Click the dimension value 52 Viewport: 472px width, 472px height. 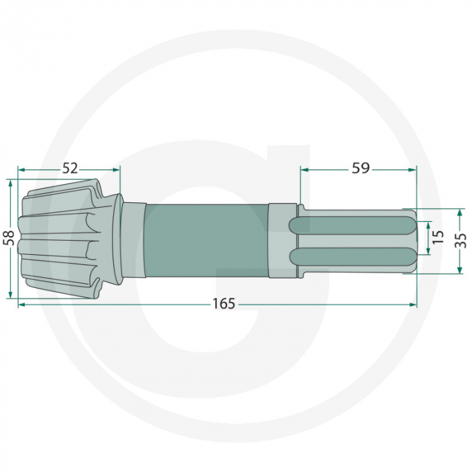70,169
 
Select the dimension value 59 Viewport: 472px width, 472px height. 361,169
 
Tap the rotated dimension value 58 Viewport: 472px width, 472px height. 9,238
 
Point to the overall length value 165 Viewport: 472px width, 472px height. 223,304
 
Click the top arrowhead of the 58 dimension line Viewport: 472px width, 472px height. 10,183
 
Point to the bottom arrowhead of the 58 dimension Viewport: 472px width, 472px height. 10,294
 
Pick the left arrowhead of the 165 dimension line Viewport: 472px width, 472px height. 22,305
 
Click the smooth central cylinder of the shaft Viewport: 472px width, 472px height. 206,240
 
